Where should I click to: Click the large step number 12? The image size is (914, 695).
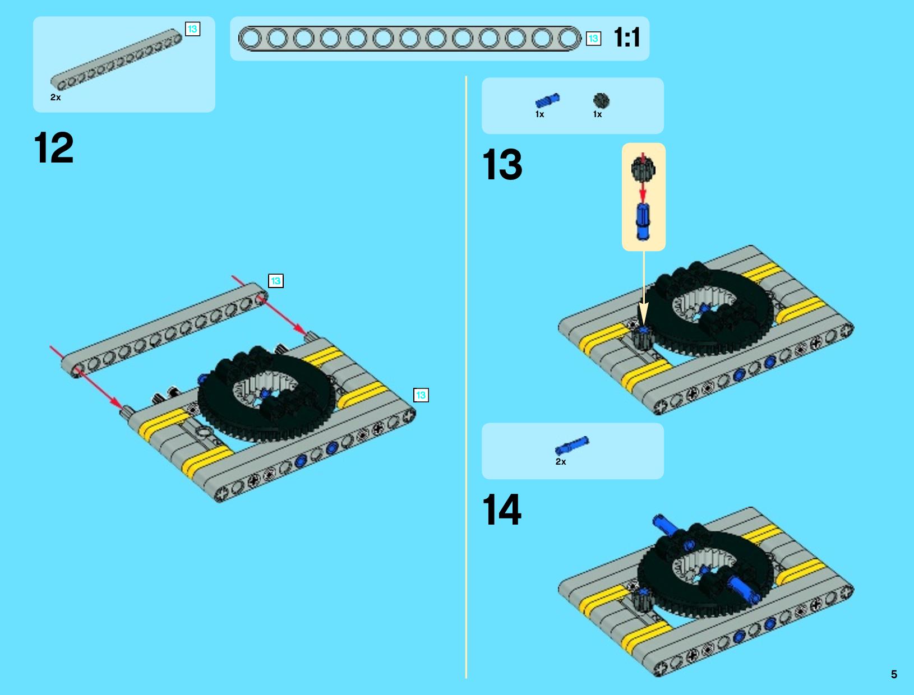tap(54, 147)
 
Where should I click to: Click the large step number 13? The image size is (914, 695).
tap(502, 164)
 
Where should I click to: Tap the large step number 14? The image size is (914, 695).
tap(502, 509)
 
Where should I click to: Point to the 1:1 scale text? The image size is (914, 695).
tap(627, 38)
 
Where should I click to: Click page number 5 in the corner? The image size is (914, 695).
tap(894, 674)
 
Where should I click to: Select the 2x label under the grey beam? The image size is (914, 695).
tap(56, 98)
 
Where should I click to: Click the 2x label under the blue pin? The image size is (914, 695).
tap(561, 461)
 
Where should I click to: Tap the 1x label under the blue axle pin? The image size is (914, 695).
tap(539, 114)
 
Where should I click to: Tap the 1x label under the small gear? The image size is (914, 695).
tap(598, 114)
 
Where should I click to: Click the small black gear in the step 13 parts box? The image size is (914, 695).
tap(601, 100)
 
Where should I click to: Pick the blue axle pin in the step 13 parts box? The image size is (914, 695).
tap(547, 100)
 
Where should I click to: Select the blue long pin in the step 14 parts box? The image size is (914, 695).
tap(572, 445)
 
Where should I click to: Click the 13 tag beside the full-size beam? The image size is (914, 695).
tap(593, 39)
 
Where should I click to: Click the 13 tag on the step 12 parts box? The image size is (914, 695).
tap(192, 29)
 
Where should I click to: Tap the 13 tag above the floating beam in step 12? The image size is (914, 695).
tap(276, 281)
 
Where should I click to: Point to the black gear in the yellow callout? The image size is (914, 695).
tap(643, 169)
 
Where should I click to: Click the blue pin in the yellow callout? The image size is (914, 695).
tap(643, 221)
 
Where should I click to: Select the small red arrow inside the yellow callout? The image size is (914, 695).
tap(643, 193)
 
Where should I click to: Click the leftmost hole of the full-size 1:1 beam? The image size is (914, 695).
tap(250, 39)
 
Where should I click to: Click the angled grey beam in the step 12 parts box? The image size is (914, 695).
tap(117, 59)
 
